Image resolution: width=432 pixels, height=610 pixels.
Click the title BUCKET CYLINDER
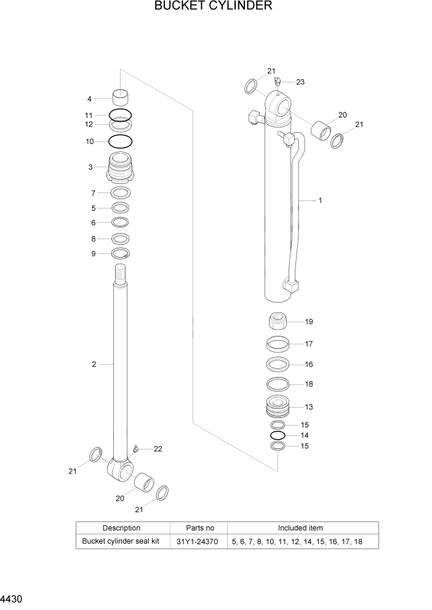pos(213,7)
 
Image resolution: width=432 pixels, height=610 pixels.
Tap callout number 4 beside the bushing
pos(89,99)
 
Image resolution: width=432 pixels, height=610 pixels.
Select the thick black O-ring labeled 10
pos(120,141)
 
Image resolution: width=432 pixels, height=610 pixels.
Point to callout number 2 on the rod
pos(94,364)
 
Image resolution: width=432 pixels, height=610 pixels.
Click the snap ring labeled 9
pos(121,254)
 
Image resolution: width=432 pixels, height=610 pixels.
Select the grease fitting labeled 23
pos(278,81)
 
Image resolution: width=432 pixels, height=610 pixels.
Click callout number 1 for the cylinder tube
pos(320,200)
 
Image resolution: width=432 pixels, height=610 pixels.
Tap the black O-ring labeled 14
pos(278,435)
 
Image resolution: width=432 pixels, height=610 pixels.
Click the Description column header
pos(121,528)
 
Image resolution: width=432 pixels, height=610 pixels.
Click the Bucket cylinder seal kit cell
pos(121,542)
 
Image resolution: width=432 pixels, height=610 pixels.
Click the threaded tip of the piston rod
pos(121,271)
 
